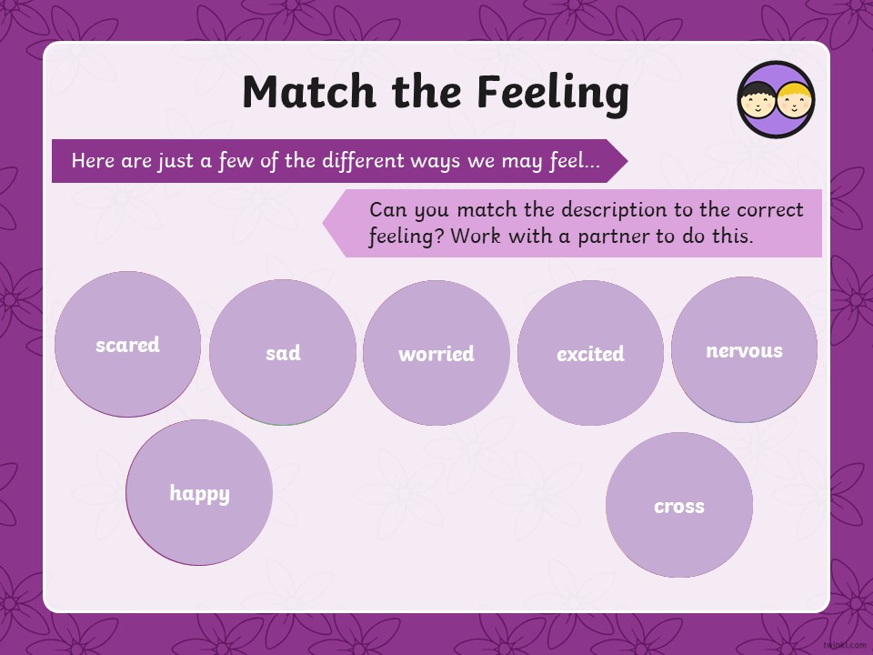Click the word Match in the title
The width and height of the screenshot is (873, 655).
309,91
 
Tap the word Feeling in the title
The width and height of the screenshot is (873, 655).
554,93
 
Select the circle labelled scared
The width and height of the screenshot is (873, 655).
127,344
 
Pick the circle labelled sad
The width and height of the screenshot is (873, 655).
283,352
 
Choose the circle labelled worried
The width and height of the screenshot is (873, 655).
436,353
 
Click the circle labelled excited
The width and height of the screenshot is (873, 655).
591,353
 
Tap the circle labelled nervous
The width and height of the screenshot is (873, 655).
745,349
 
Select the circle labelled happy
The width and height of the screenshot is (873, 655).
199,492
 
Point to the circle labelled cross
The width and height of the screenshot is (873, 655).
679,505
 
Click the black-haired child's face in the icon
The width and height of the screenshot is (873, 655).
758,100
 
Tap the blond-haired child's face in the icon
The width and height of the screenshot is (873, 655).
795,100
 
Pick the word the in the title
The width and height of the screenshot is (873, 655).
426,91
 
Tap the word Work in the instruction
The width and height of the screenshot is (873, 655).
476,237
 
